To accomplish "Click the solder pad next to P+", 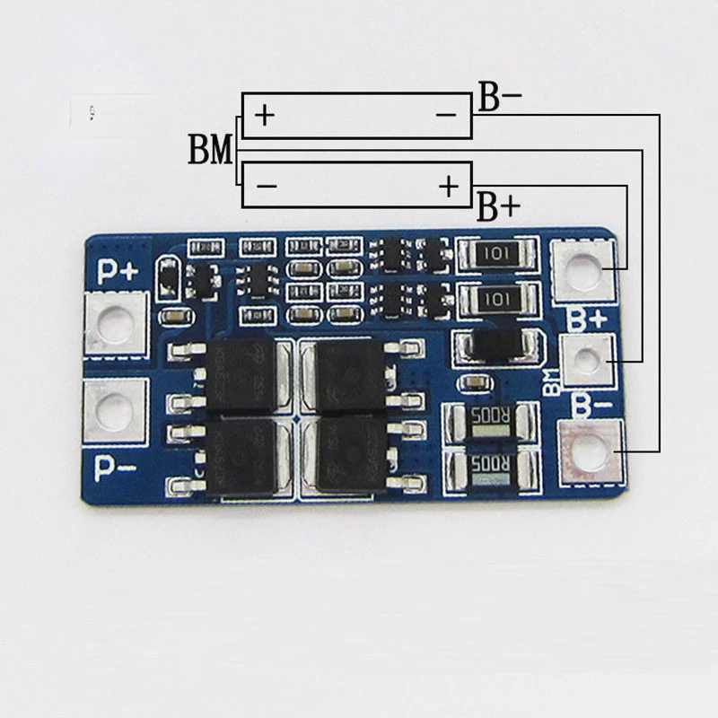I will coord(115,325).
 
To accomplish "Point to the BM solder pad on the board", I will coord(586,361).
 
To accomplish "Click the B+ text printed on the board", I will coord(588,317).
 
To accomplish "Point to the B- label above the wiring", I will coord(499,98).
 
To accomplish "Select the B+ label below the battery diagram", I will coord(497,207).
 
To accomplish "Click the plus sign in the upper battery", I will coord(264,116).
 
